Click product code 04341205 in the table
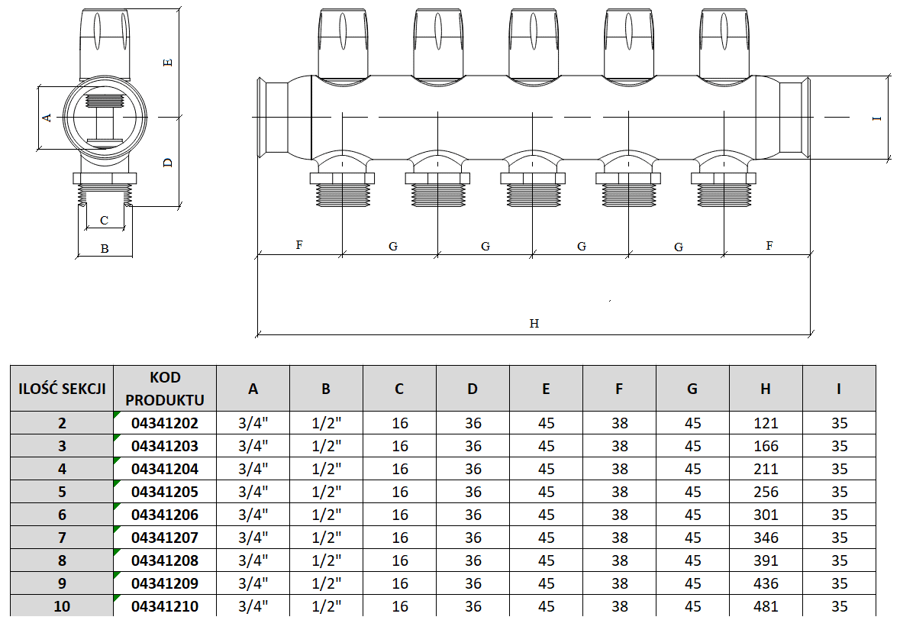click(165, 492)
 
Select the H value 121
click(765, 423)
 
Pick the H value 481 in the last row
click(765, 606)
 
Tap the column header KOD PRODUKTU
click(165, 389)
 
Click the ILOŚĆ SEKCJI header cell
click(61, 389)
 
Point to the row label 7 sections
click(61, 538)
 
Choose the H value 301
click(765, 515)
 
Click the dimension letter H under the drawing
click(534, 324)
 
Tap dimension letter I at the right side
click(877, 118)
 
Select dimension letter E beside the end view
click(169, 62)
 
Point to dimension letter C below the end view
click(104, 221)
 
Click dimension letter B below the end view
click(105, 248)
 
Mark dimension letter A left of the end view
click(47, 118)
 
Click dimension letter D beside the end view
click(169, 162)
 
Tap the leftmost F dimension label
click(299, 246)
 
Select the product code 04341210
click(165, 606)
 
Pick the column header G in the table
click(692, 389)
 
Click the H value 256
click(765, 492)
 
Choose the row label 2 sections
click(61, 423)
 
